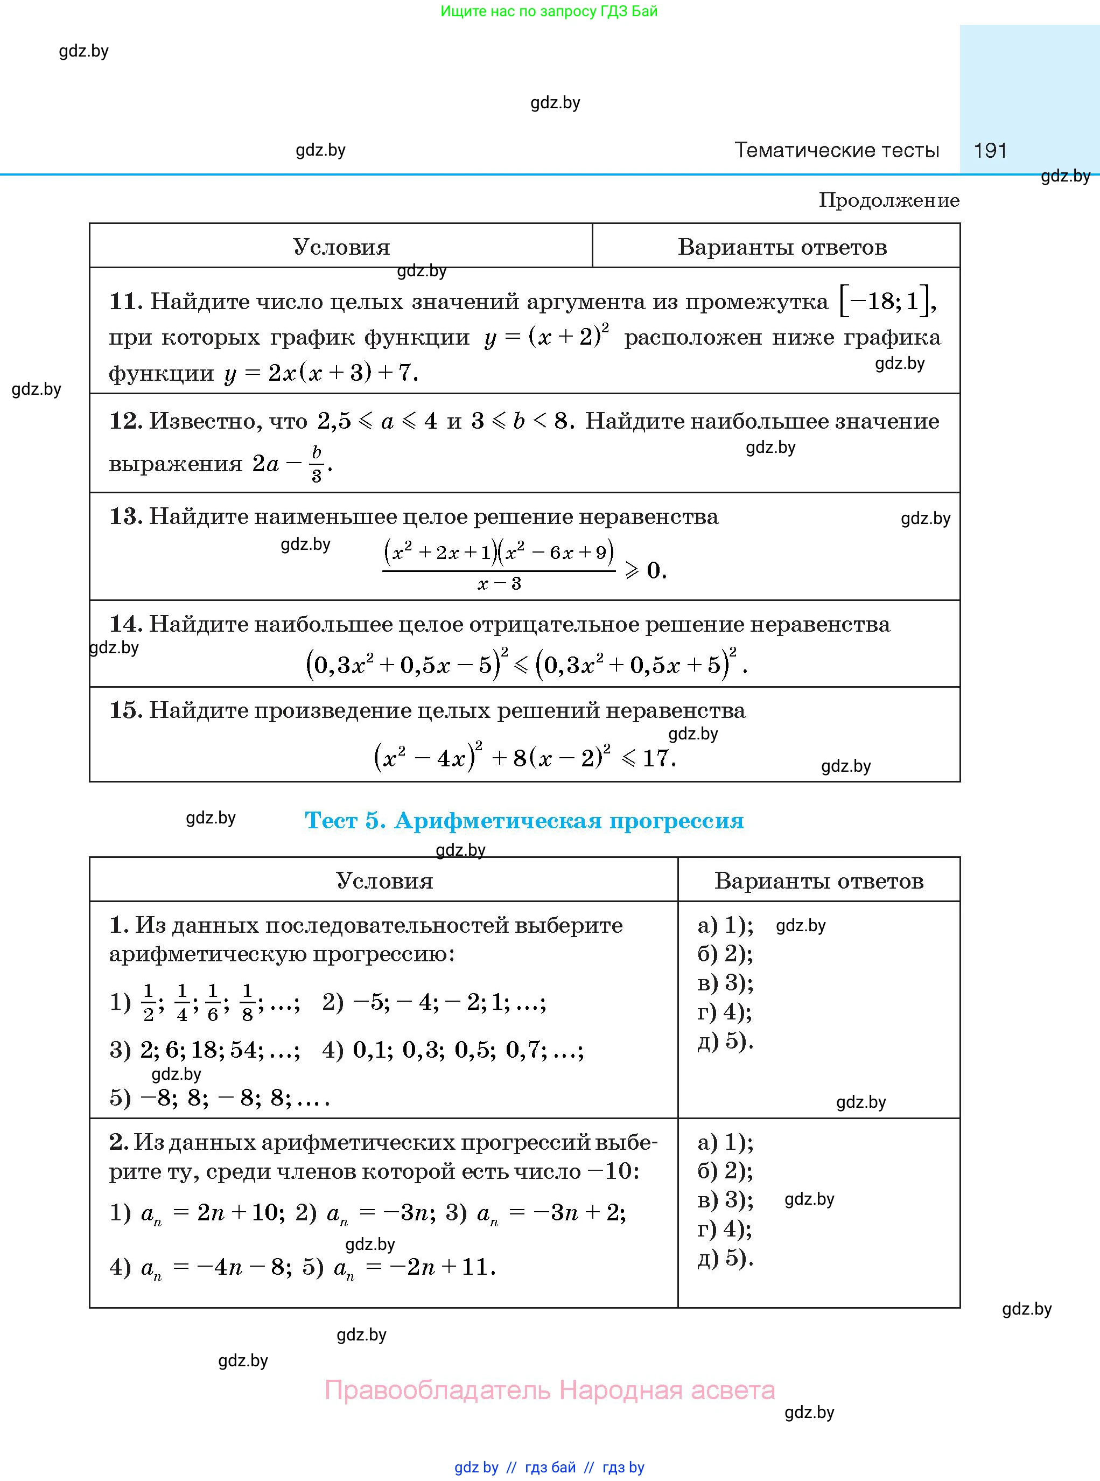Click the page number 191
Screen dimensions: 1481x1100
990,150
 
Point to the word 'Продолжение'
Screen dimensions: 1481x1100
889,200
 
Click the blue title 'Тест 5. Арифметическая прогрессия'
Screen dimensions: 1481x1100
524,820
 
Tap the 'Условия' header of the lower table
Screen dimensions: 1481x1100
384,881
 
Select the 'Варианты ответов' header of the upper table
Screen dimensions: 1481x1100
782,247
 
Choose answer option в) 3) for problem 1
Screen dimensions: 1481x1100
725,983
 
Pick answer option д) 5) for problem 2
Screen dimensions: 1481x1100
725,1258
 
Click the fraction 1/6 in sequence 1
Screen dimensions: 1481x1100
213,1002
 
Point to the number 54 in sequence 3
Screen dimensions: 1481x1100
244,1050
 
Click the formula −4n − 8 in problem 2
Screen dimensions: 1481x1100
241,1267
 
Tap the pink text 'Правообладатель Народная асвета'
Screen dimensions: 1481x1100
549,1391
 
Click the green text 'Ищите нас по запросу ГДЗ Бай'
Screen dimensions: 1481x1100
549,11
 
